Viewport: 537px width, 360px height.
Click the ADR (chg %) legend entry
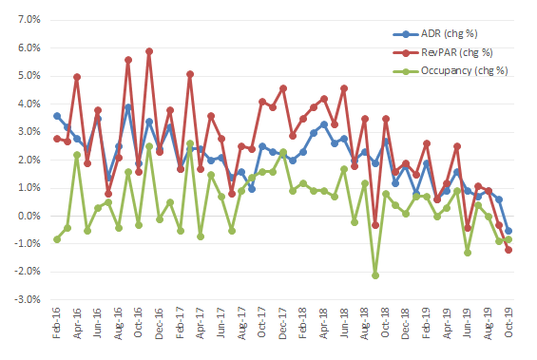pos(435,34)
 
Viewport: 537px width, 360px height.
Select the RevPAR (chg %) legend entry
pos(443,52)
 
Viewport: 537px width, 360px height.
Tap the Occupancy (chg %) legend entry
pos(451,71)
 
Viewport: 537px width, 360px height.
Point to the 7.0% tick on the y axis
pos(29,20)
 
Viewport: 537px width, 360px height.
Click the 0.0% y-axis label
pos(29,216)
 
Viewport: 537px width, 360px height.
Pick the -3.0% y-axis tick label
pos(28,300)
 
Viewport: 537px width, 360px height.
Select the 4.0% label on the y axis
pos(29,104)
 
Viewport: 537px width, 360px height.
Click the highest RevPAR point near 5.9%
pos(149,51)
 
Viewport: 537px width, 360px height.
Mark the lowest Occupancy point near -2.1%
pos(375,275)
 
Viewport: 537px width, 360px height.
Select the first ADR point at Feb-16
pos(57,116)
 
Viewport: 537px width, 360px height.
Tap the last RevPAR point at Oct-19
pos(508,250)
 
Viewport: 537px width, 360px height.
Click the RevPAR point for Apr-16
pos(77,77)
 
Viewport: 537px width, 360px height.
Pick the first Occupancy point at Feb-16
pos(57,239)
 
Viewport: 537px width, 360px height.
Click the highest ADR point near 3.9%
pos(128,107)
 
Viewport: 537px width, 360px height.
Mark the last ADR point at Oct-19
pos(508,231)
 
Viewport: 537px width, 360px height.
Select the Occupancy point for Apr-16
pos(77,155)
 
